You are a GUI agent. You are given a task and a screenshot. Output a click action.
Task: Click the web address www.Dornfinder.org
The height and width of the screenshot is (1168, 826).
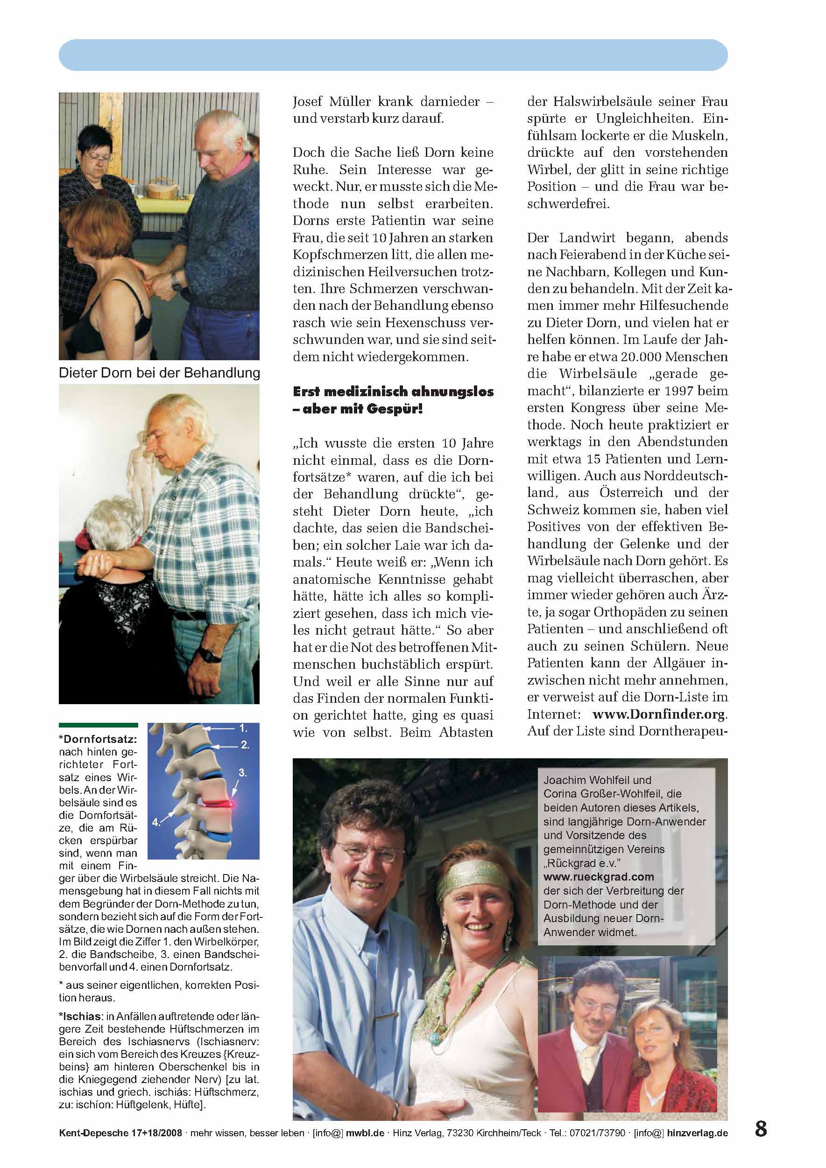pyautogui.click(x=660, y=714)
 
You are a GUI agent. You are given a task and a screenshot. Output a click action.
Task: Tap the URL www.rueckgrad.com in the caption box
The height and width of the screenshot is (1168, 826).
pyautogui.click(x=599, y=876)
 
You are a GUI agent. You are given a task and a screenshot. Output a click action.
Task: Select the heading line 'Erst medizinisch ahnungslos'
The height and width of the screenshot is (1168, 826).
pyautogui.click(x=393, y=392)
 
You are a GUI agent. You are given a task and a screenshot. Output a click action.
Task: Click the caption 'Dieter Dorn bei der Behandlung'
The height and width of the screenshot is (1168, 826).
pyautogui.click(x=159, y=372)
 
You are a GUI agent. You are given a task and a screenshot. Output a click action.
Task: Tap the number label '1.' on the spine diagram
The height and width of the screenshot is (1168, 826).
pyautogui.click(x=243, y=728)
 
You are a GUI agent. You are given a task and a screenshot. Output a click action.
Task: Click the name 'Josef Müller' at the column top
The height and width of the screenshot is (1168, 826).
pyautogui.click(x=335, y=101)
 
